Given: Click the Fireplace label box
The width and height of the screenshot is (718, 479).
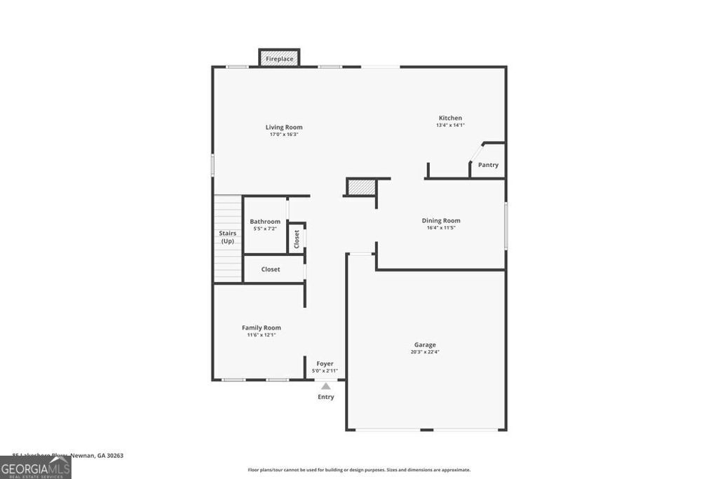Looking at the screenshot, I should coord(279,59).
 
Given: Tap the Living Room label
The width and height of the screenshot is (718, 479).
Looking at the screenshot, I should coord(284,127).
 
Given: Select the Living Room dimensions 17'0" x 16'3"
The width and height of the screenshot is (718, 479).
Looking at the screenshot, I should coord(284,135).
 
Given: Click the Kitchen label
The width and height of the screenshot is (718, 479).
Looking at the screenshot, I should coord(450,118).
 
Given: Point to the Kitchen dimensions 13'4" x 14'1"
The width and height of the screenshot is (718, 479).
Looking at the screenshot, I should coord(450,126).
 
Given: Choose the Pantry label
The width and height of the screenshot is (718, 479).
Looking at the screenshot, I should coord(488,165).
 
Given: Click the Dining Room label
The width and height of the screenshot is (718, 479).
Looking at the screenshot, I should coord(441,220).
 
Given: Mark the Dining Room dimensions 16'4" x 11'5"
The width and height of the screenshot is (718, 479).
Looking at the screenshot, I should coord(441,228).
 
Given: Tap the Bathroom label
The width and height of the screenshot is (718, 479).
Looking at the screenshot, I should coord(265,222).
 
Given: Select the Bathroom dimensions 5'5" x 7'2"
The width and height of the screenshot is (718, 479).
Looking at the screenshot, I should coord(265,229).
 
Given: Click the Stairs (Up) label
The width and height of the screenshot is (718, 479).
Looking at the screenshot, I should coord(227,237).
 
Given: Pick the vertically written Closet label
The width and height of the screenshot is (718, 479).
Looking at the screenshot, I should coord(297,238).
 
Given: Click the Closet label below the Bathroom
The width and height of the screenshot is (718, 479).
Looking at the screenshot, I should coord(271,269).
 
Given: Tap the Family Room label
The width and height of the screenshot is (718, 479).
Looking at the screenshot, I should coord(262,328).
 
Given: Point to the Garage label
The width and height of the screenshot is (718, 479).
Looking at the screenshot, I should coord(425,344).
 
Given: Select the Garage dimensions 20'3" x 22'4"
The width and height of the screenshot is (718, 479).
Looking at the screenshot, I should coord(425,352).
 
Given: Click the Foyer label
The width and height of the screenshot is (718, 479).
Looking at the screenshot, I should coord(325,363).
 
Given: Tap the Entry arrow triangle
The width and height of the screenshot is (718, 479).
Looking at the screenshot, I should coord(325,386).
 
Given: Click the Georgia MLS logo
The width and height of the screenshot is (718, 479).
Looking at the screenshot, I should coord(35,467).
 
